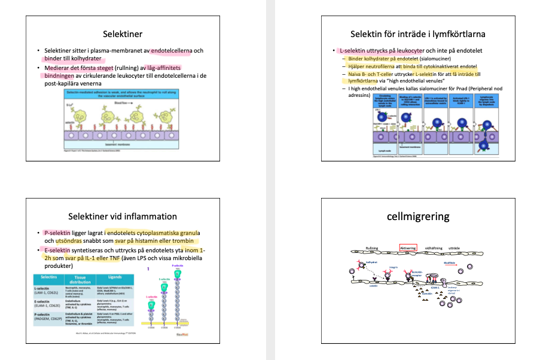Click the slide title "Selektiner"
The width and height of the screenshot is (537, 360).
point(122,33)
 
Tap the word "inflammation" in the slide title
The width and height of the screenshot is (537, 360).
point(147,216)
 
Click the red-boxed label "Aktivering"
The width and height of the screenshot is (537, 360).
point(408,247)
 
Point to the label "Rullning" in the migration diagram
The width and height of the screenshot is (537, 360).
point(372,248)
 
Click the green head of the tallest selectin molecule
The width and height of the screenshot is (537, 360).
point(178,273)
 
